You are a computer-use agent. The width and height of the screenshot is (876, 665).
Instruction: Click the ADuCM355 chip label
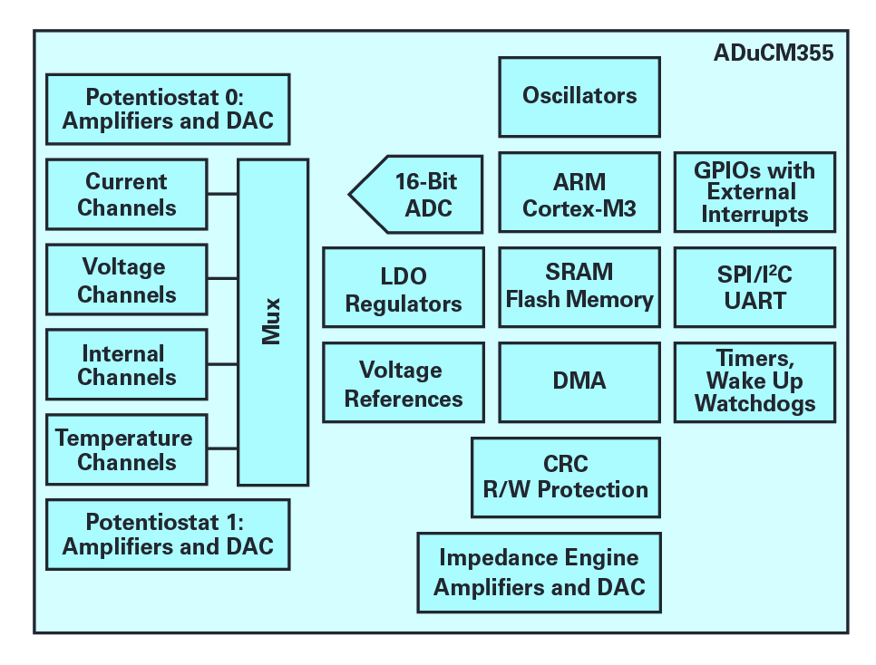click(x=774, y=53)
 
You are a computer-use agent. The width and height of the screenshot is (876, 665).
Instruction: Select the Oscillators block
click(x=579, y=97)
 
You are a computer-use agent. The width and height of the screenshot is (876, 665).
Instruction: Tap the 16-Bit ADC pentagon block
click(x=415, y=194)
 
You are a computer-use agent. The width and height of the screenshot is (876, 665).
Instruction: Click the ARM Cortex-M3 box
click(x=579, y=192)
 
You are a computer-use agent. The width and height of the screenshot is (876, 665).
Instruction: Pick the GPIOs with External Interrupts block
click(x=754, y=192)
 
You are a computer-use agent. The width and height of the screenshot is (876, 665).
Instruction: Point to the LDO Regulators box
click(x=404, y=287)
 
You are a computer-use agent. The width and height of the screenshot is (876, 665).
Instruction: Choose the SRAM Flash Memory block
click(x=579, y=287)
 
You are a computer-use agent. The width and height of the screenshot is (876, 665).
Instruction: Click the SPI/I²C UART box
click(x=754, y=287)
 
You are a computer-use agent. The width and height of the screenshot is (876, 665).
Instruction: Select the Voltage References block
click(x=404, y=382)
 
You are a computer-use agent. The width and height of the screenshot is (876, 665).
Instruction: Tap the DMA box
click(x=579, y=382)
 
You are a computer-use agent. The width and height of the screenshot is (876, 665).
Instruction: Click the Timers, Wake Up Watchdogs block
click(x=754, y=382)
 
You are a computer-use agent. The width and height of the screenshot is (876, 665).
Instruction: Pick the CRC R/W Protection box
click(x=565, y=477)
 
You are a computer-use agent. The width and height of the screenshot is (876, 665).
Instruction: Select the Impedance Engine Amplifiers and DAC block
click(x=540, y=573)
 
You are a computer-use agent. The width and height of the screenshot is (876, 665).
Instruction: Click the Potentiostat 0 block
click(x=168, y=110)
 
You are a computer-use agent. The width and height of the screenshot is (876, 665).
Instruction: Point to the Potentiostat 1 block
click(x=168, y=535)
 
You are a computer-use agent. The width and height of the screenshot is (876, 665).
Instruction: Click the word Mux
click(x=271, y=321)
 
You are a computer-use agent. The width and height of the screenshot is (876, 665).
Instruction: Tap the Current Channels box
click(x=127, y=194)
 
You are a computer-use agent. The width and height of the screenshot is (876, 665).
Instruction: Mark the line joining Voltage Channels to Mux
click(x=222, y=278)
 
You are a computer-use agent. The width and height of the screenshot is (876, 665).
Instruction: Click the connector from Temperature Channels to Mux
click(x=222, y=448)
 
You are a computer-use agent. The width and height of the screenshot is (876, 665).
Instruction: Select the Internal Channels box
click(x=127, y=364)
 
